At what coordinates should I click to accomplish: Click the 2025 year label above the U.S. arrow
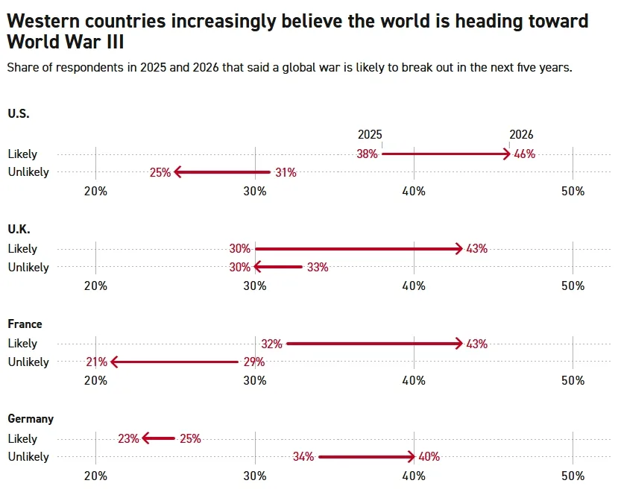370,135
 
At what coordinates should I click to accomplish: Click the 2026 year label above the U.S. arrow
521,135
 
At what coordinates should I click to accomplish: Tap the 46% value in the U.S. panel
525,154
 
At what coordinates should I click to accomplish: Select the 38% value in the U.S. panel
367,154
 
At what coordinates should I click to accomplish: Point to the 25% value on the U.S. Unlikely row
160,172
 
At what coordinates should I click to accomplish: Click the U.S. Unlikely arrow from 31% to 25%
222,172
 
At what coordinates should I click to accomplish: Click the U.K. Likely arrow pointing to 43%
358,249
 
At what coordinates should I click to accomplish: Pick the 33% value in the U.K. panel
318,267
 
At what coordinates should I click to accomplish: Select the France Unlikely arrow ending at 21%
174,362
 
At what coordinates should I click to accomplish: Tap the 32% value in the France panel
271,344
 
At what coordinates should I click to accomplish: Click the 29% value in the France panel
254,362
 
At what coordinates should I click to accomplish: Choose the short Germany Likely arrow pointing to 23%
159,438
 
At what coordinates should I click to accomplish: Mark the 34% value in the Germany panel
303,457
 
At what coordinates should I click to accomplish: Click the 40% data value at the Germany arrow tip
429,457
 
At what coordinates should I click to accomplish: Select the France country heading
25,324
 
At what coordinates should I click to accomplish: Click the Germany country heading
31,419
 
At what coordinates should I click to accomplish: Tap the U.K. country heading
19,229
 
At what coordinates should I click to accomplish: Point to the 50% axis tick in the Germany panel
573,476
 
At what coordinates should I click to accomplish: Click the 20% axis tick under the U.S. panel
95,191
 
